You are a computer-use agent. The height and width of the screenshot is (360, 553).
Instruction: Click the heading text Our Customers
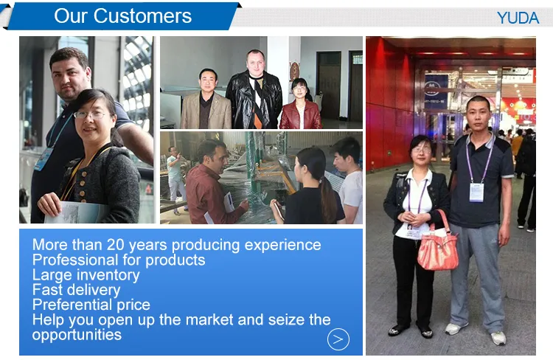(x=122, y=16)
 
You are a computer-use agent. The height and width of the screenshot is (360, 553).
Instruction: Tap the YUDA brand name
(x=518, y=18)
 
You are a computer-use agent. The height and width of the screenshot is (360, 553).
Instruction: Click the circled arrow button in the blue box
(x=338, y=339)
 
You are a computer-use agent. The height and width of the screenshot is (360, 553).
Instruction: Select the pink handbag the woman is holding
(x=437, y=249)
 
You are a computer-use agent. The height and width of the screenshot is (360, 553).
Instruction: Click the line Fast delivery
(x=76, y=290)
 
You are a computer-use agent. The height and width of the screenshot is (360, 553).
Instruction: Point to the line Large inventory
(x=86, y=275)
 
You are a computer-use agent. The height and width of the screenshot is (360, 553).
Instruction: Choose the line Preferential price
(x=91, y=305)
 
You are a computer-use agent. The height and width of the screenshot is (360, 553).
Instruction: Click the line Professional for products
(x=119, y=260)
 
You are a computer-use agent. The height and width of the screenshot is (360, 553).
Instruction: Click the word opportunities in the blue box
(x=77, y=334)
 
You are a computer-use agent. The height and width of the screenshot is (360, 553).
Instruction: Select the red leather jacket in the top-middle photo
(x=300, y=114)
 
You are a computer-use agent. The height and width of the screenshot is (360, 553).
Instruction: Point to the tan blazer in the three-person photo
(x=206, y=110)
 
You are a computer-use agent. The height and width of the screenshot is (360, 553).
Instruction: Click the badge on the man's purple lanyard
(x=476, y=191)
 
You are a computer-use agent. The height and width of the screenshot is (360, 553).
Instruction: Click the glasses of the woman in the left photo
(x=90, y=114)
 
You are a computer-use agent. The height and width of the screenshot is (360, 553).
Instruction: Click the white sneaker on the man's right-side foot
(x=498, y=338)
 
